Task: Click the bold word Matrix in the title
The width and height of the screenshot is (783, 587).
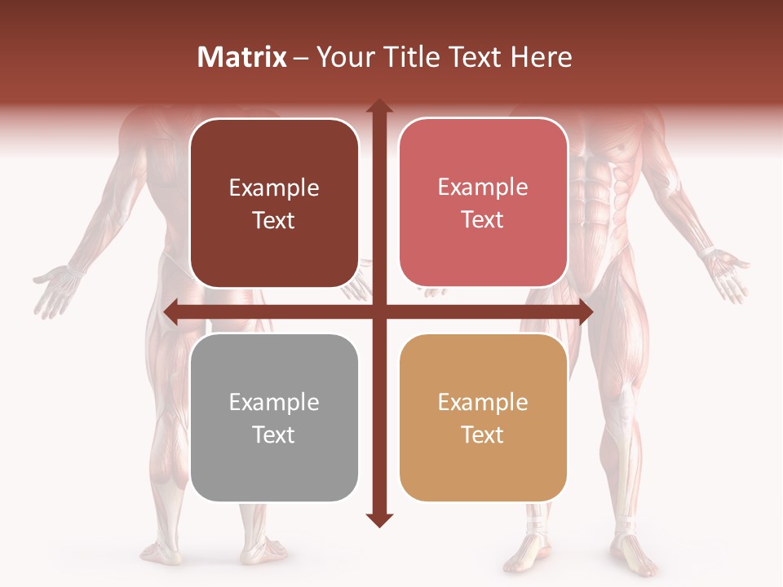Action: coord(242,57)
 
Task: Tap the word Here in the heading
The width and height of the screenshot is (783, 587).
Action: coord(541,57)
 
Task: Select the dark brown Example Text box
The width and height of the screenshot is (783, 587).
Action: coord(274,204)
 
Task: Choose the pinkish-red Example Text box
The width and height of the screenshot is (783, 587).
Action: coord(483,203)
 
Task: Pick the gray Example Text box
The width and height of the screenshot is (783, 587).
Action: coord(274,418)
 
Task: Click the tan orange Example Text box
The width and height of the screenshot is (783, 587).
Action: coord(483,418)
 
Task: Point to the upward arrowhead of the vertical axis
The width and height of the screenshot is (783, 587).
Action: coord(378,106)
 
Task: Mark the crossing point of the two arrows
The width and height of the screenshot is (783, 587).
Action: coord(378,312)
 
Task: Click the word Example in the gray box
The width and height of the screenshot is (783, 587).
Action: coord(274,402)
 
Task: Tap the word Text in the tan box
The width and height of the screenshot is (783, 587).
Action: coord(483,435)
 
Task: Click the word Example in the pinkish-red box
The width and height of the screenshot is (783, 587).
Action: coord(483,187)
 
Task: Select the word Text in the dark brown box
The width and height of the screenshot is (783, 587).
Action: coord(274,220)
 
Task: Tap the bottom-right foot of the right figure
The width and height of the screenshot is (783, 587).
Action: coord(632,554)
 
